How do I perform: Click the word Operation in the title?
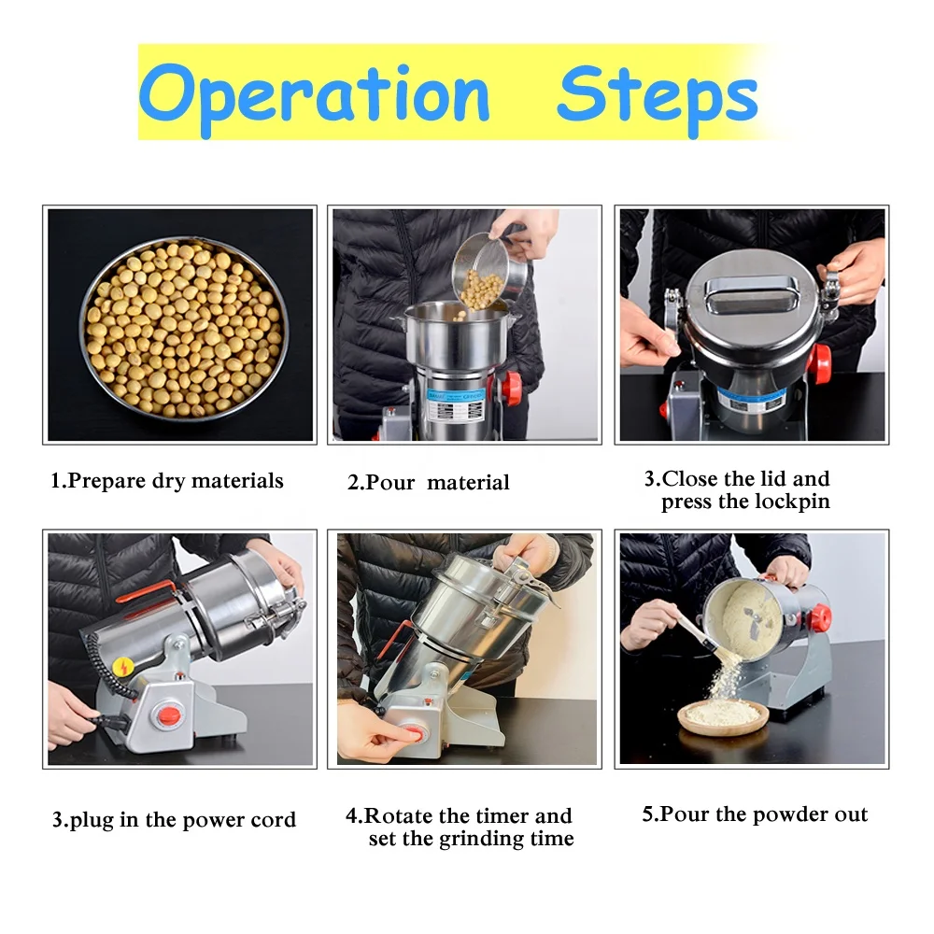pos(314,94)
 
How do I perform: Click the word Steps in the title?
pos(657,94)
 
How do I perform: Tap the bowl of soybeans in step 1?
pos(183,324)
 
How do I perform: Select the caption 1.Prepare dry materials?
pos(166,482)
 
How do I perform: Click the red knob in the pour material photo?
pos(511,386)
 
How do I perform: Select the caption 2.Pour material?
pos(429,483)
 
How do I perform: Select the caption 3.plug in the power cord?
pos(174,821)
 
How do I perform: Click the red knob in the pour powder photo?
pos(818,617)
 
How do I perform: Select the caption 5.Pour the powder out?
pos(755,814)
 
